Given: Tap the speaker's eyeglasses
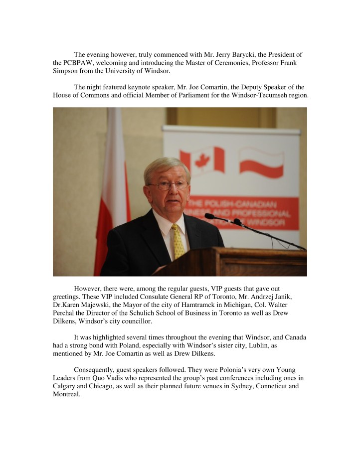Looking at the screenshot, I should [x=168, y=185].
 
